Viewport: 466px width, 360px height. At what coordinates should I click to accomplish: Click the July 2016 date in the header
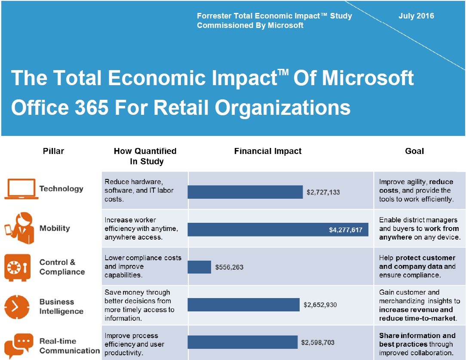[x=416, y=16]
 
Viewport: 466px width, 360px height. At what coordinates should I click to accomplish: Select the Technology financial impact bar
[x=245, y=192]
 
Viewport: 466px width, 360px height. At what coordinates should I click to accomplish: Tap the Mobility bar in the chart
[x=258, y=230]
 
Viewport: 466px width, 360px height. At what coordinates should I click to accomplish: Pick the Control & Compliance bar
[x=199, y=267]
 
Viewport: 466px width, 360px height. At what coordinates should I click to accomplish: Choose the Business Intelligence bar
[x=243, y=305]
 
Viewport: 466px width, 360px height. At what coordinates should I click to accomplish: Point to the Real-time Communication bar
[x=242, y=342]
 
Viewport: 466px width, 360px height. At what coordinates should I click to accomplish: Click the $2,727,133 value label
[x=323, y=192]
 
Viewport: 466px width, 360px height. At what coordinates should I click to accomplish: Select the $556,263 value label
[x=229, y=267]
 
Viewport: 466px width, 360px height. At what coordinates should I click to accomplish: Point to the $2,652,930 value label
[x=320, y=305]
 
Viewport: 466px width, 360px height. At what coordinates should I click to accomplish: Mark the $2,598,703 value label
[x=318, y=343]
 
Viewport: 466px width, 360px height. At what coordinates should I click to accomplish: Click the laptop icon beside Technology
[x=20, y=189]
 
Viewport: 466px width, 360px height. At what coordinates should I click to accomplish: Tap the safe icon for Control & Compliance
[x=18, y=267]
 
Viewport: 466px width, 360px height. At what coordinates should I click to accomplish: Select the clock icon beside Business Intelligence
[x=17, y=306]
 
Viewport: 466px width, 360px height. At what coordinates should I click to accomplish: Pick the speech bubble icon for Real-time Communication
[x=18, y=345]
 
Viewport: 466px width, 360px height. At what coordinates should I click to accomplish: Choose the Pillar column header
[x=53, y=151]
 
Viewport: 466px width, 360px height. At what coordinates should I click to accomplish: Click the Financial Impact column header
[x=267, y=151]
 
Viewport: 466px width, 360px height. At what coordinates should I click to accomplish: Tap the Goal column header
[x=414, y=151]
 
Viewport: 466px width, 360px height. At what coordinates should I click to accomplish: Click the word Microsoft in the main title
[x=368, y=78]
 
